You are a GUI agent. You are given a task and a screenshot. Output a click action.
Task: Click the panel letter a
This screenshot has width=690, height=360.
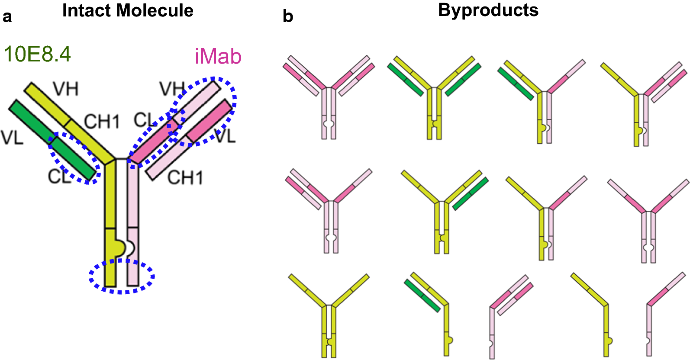pos(7,17)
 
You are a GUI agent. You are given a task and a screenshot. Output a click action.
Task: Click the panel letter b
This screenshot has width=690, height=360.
pos(288,17)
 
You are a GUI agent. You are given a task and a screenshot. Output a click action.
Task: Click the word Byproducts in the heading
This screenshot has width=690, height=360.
pos(488,10)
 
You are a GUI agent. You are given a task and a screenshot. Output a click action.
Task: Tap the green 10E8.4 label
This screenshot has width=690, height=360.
pos(37,55)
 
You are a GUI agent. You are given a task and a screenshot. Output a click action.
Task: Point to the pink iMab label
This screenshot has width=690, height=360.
pos(218,57)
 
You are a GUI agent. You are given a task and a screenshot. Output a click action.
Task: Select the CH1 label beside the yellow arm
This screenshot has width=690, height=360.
pos(102,122)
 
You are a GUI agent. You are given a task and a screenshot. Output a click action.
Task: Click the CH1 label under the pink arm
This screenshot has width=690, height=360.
pos(185,178)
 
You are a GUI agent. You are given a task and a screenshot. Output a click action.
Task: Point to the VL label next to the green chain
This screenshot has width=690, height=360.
pos(12,138)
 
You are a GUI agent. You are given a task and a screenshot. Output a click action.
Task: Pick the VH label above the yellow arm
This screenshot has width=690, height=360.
pos(66,89)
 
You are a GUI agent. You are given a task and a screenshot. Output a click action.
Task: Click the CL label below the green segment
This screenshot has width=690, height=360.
pos(59,177)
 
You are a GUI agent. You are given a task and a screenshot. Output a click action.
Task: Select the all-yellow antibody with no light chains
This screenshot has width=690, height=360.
pos(329,316)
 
